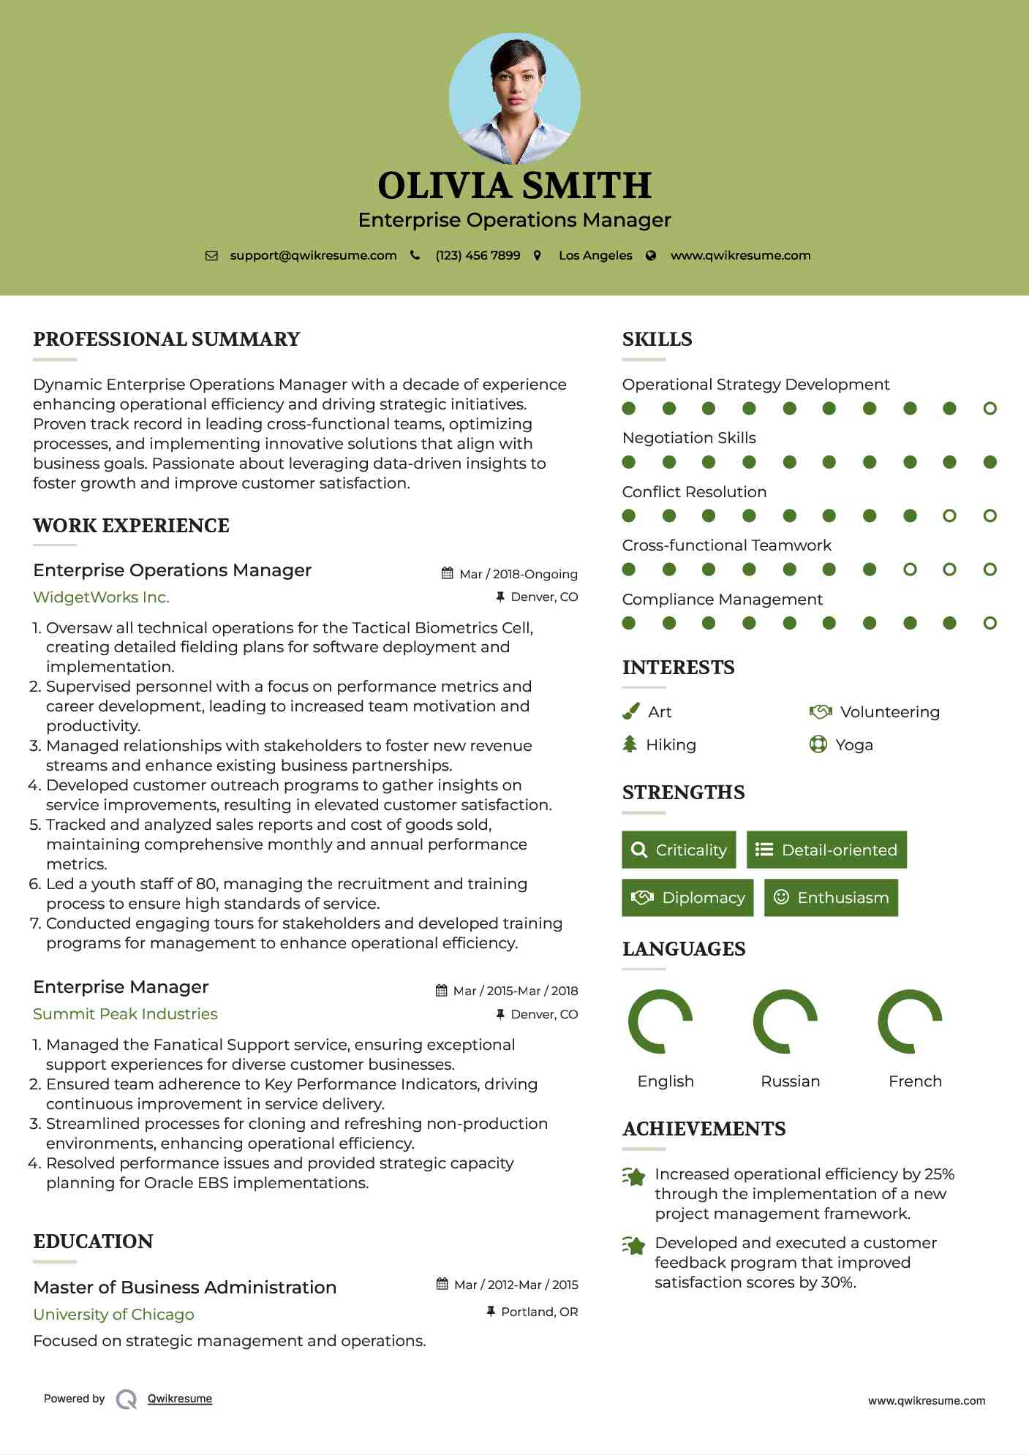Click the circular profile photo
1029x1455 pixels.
514,98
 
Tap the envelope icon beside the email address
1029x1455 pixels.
211,256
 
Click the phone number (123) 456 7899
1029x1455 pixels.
478,256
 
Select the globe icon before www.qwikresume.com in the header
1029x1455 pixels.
651,256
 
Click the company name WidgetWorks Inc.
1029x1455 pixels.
101,597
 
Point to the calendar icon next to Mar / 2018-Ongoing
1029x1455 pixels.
447,574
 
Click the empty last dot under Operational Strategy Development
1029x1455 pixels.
990,409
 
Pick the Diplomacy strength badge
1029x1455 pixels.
687,898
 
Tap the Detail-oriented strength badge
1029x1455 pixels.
826,850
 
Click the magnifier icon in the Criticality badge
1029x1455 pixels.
639,850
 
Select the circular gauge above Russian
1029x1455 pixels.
785,1021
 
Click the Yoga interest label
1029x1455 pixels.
853,745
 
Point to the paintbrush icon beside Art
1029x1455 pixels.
630,711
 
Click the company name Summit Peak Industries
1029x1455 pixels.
125,1014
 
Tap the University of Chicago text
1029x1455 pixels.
113,1315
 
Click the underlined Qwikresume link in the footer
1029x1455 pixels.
179,1399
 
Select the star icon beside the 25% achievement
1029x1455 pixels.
634,1176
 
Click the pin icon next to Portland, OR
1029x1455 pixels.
491,1312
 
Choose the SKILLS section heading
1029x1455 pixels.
657,339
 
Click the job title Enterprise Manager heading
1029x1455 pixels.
121,987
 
